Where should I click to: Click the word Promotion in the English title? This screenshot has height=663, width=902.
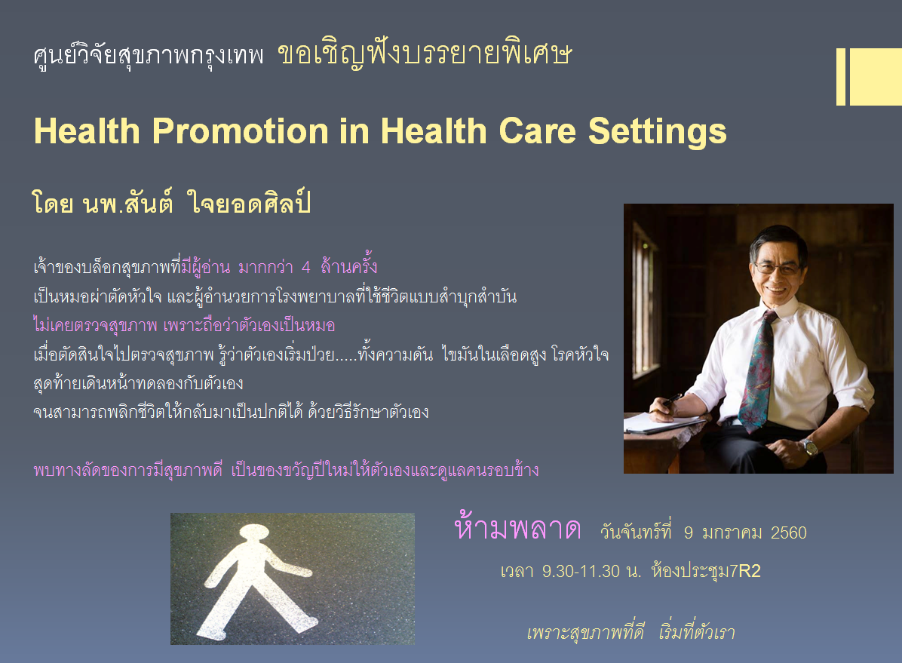[x=241, y=131]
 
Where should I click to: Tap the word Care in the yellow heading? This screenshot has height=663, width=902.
[x=537, y=131]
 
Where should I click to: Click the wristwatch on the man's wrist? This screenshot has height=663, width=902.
[x=808, y=447]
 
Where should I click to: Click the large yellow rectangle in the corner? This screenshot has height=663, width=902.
[x=876, y=76]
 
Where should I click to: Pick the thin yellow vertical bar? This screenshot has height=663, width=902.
[x=840, y=76]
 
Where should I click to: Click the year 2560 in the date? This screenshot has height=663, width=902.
[x=788, y=533]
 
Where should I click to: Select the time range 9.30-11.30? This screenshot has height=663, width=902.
[x=581, y=572]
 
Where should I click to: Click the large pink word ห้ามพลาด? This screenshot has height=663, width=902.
[x=517, y=526]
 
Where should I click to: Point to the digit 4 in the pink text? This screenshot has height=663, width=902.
[x=306, y=267]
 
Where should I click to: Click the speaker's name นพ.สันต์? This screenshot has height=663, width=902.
[x=127, y=204]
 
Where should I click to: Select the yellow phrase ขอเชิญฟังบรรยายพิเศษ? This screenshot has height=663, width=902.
[x=425, y=55]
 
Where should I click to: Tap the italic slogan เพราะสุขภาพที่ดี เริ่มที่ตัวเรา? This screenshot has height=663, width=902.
[x=631, y=631]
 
